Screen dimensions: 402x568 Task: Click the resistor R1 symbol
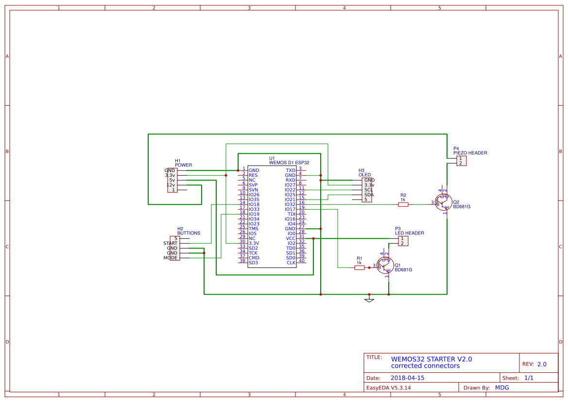pyautogui.click(x=359, y=268)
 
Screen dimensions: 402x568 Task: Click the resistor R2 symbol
pyautogui.click(x=403, y=204)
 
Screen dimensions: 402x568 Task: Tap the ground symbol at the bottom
pyautogui.click(x=369, y=300)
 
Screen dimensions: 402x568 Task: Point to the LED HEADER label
pyautogui.click(x=409, y=233)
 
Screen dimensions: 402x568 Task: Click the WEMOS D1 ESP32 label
pyautogui.click(x=289, y=163)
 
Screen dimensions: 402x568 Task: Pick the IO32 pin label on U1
pyautogui.click(x=290, y=204)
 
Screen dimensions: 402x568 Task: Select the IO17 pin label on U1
pyautogui.click(x=290, y=209)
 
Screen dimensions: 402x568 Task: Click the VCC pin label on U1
pyautogui.click(x=291, y=238)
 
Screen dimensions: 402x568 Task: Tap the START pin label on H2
pyautogui.click(x=170, y=243)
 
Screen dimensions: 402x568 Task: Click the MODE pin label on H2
pyautogui.click(x=171, y=258)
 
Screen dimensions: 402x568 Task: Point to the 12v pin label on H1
pyautogui.click(x=171, y=185)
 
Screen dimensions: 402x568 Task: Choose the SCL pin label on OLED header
pyautogui.click(x=369, y=190)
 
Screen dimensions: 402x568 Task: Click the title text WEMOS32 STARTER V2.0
pyautogui.click(x=431, y=359)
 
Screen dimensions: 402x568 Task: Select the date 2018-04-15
pyautogui.click(x=407, y=378)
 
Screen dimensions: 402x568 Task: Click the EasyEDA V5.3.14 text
pyautogui.click(x=388, y=387)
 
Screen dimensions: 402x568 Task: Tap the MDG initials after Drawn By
pyautogui.click(x=502, y=387)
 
